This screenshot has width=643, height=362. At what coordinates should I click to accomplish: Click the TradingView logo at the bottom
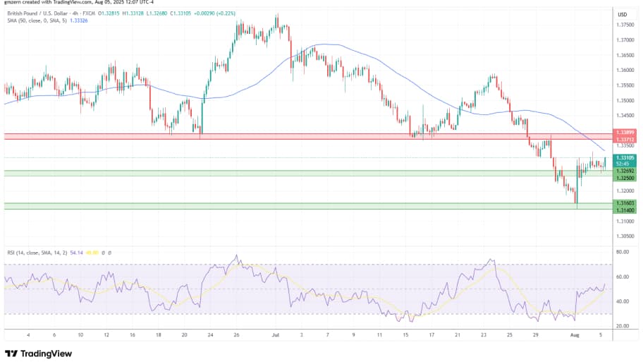click(x=35, y=353)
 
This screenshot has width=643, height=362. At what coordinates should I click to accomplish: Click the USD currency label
click(x=623, y=15)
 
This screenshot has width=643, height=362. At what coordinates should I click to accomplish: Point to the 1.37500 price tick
click(x=625, y=25)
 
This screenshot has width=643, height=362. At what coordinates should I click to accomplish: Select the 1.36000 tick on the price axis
click(x=625, y=70)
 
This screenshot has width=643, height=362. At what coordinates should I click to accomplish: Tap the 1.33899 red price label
click(x=625, y=133)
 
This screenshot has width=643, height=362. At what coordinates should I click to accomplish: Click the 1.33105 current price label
click(x=625, y=157)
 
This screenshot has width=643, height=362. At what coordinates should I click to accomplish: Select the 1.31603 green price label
click(x=625, y=203)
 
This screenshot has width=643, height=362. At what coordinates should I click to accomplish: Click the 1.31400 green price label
click(x=625, y=210)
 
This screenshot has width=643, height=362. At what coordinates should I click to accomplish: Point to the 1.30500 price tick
click(x=625, y=236)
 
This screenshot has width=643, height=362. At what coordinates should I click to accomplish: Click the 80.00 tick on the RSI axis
click(x=623, y=251)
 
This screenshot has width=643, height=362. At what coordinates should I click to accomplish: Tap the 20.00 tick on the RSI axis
click(x=623, y=326)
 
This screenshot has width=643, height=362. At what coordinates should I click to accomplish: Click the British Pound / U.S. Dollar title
click(x=35, y=12)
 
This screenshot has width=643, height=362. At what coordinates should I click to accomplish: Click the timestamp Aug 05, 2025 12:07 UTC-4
click(x=99, y=3)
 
